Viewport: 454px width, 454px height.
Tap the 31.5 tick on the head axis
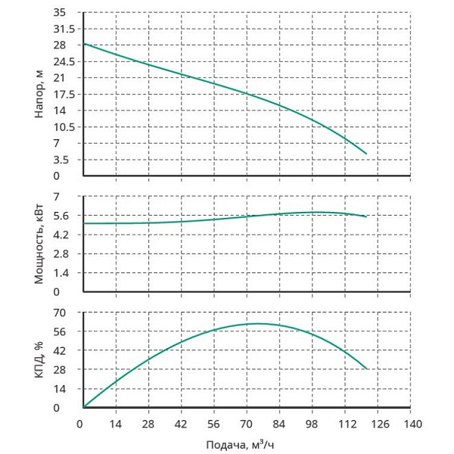point(64,29)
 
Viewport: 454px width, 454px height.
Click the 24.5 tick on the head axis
point(64,61)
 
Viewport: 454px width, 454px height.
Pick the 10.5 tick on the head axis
point(64,127)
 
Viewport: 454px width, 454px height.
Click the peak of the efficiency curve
point(257,324)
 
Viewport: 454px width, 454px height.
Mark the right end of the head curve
point(366,154)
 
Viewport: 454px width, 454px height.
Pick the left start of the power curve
point(83,223)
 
